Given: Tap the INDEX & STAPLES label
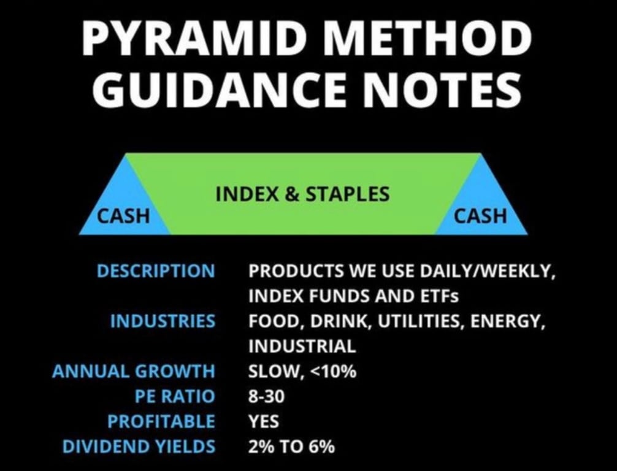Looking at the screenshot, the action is pos(302,194).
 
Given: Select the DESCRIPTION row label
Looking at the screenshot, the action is pos(156,271).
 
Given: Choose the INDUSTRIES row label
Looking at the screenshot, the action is pos(163,321).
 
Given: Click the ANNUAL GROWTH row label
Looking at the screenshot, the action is pos(134,371).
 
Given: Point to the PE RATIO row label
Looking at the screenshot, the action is pos(175,396).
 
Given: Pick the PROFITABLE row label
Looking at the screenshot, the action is pos(161,421).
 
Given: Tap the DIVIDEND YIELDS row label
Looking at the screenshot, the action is pos(139,446).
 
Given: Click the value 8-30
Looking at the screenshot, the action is pos(266,396).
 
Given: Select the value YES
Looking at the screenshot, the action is pos(264,421).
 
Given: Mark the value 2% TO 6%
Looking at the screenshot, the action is pos(291,446).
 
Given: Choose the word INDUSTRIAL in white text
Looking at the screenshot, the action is pos(302,347).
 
